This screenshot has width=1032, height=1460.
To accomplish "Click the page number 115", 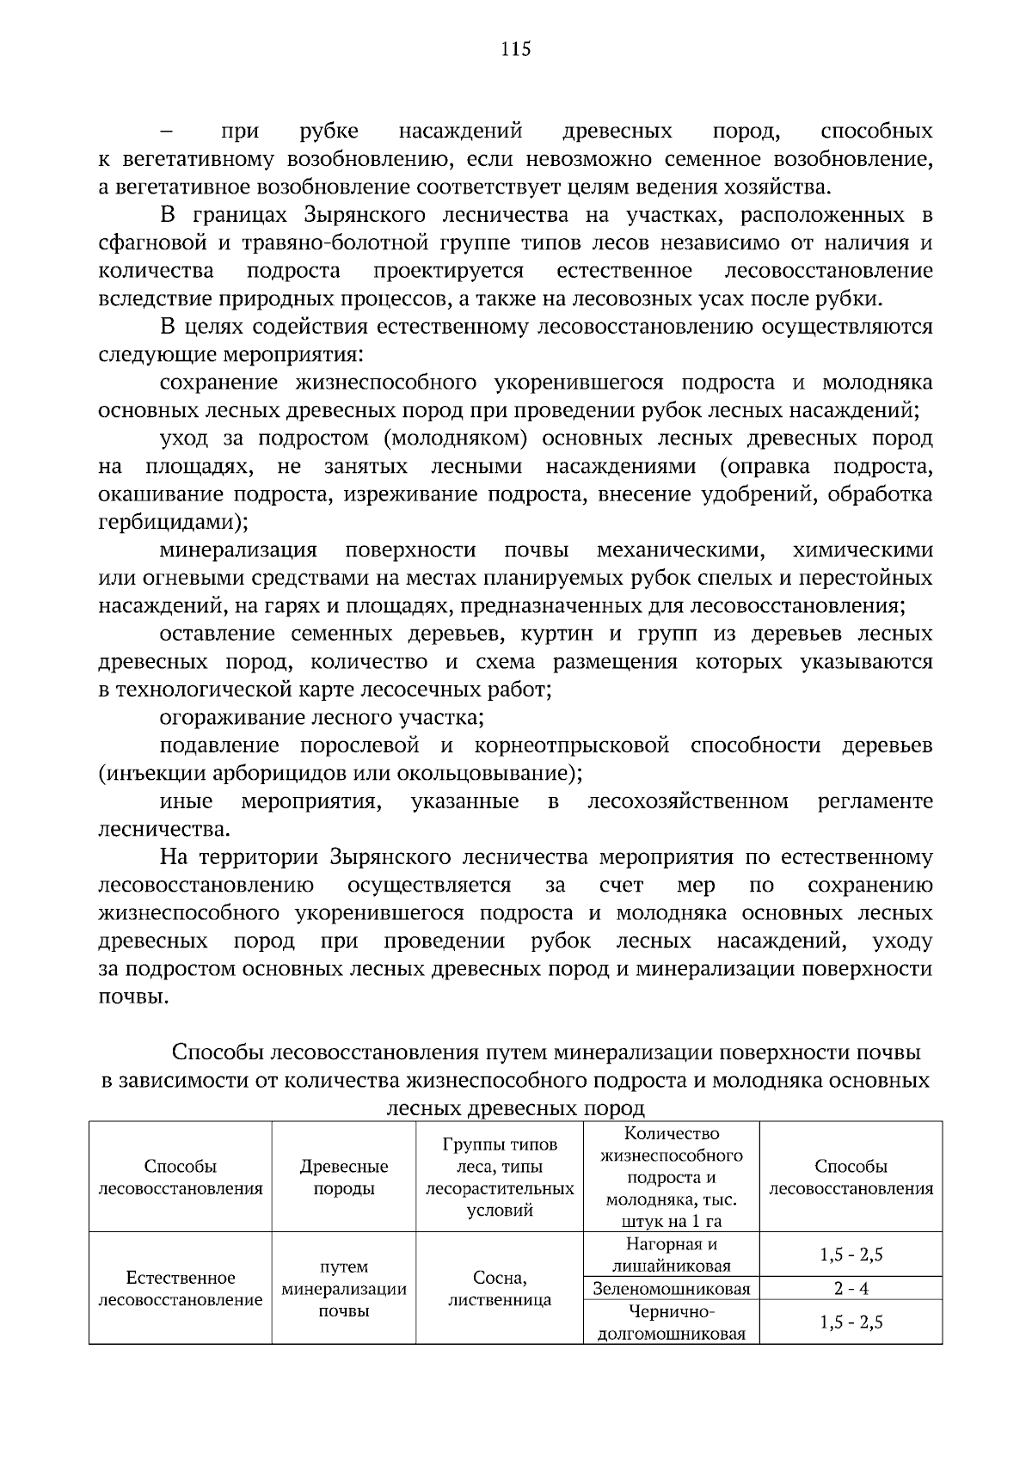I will pyautogui.click(x=516, y=49).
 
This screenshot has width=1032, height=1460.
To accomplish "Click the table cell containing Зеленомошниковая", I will pyautogui.click(x=671, y=1289).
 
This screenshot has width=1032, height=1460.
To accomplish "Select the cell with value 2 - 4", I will pyautogui.click(x=851, y=1289).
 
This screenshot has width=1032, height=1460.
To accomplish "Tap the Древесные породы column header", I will pyautogui.click(x=343, y=1177).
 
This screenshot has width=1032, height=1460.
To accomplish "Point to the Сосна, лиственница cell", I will pyautogui.click(x=499, y=1289).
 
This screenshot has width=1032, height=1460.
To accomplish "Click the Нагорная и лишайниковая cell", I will pyautogui.click(x=671, y=1254).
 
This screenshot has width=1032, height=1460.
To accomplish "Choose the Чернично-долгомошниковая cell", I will pyautogui.click(x=671, y=1322).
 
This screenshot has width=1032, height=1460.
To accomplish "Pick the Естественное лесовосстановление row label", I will pyautogui.click(x=180, y=1289).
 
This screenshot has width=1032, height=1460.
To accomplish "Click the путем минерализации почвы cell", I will pyautogui.click(x=343, y=1289).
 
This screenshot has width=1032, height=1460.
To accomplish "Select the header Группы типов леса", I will pyautogui.click(x=499, y=1177).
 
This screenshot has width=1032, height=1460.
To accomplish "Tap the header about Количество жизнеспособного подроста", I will pyautogui.click(x=671, y=1177).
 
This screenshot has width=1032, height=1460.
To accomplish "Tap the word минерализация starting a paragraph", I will pyautogui.click(x=238, y=550).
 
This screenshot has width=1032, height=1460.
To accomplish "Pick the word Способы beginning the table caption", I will pyautogui.click(x=217, y=1052).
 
